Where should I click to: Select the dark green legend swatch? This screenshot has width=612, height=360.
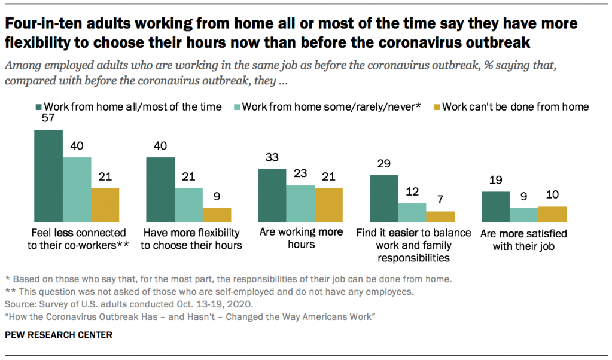point(39,108)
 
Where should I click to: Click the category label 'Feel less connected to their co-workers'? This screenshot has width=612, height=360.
point(77,239)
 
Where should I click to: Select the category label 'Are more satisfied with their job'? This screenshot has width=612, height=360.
point(523,239)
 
